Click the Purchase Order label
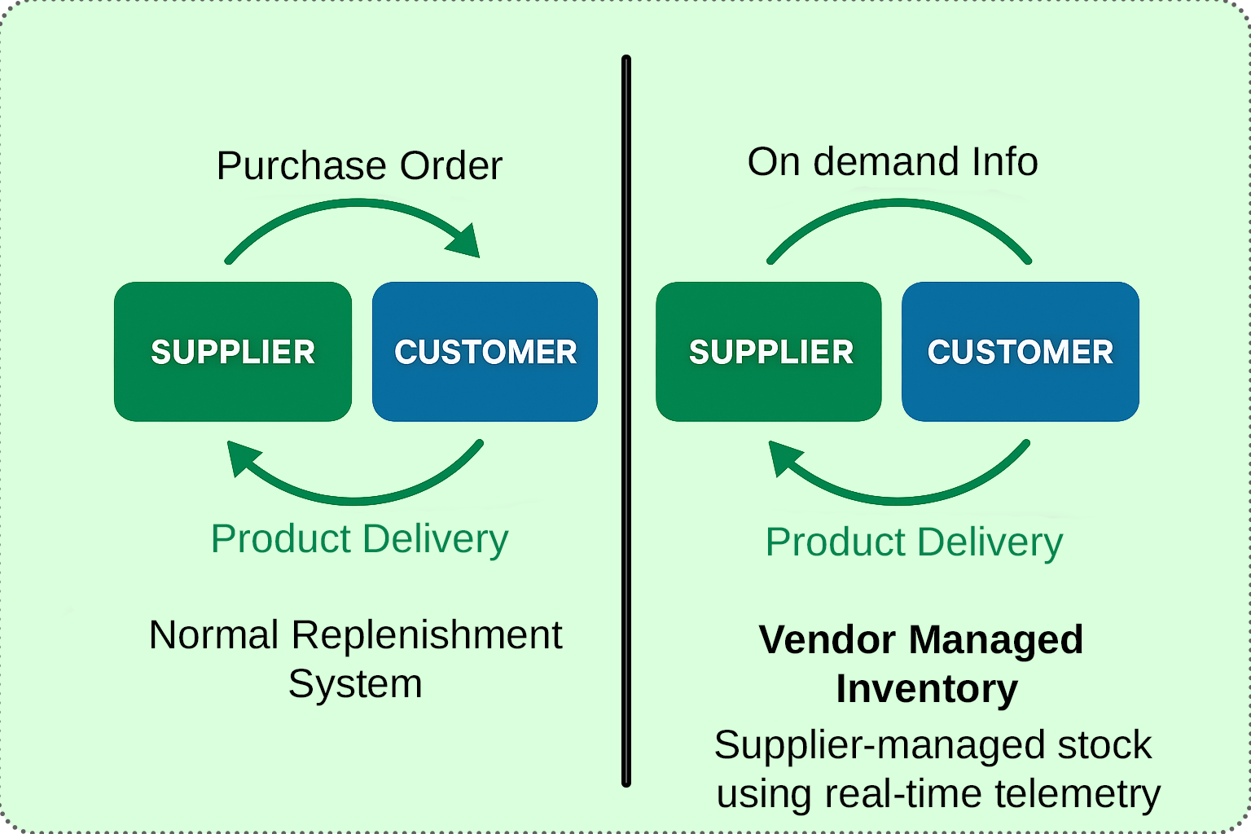(359, 166)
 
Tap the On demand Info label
(893, 162)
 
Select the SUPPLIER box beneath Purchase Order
(233, 352)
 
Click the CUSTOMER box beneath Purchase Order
(485, 352)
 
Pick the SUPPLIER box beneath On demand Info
(769, 352)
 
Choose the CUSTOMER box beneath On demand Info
(1020, 352)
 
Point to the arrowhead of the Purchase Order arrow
(463, 241)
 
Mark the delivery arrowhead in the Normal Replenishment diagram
(241, 458)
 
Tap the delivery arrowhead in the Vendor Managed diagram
(783, 458)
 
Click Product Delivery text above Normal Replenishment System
(359, 539)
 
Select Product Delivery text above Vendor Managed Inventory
(914, 542)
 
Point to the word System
(355, 684)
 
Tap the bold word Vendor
(827, 640)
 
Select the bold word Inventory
(927, 689)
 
